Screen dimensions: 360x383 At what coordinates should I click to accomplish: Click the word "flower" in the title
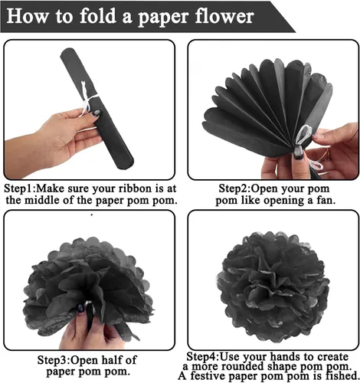224,16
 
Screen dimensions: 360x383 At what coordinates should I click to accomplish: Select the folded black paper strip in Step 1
97,109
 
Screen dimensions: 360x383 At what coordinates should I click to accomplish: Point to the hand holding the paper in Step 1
51,143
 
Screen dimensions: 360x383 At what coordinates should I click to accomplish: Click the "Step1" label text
19,189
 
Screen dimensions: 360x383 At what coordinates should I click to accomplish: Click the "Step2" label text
234,189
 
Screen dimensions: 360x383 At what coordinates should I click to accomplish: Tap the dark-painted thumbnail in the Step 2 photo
298,153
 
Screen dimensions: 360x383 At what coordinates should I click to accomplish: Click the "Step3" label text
53,361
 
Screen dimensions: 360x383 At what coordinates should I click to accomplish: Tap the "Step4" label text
201,356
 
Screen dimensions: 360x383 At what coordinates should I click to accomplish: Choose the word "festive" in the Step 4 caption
208,375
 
